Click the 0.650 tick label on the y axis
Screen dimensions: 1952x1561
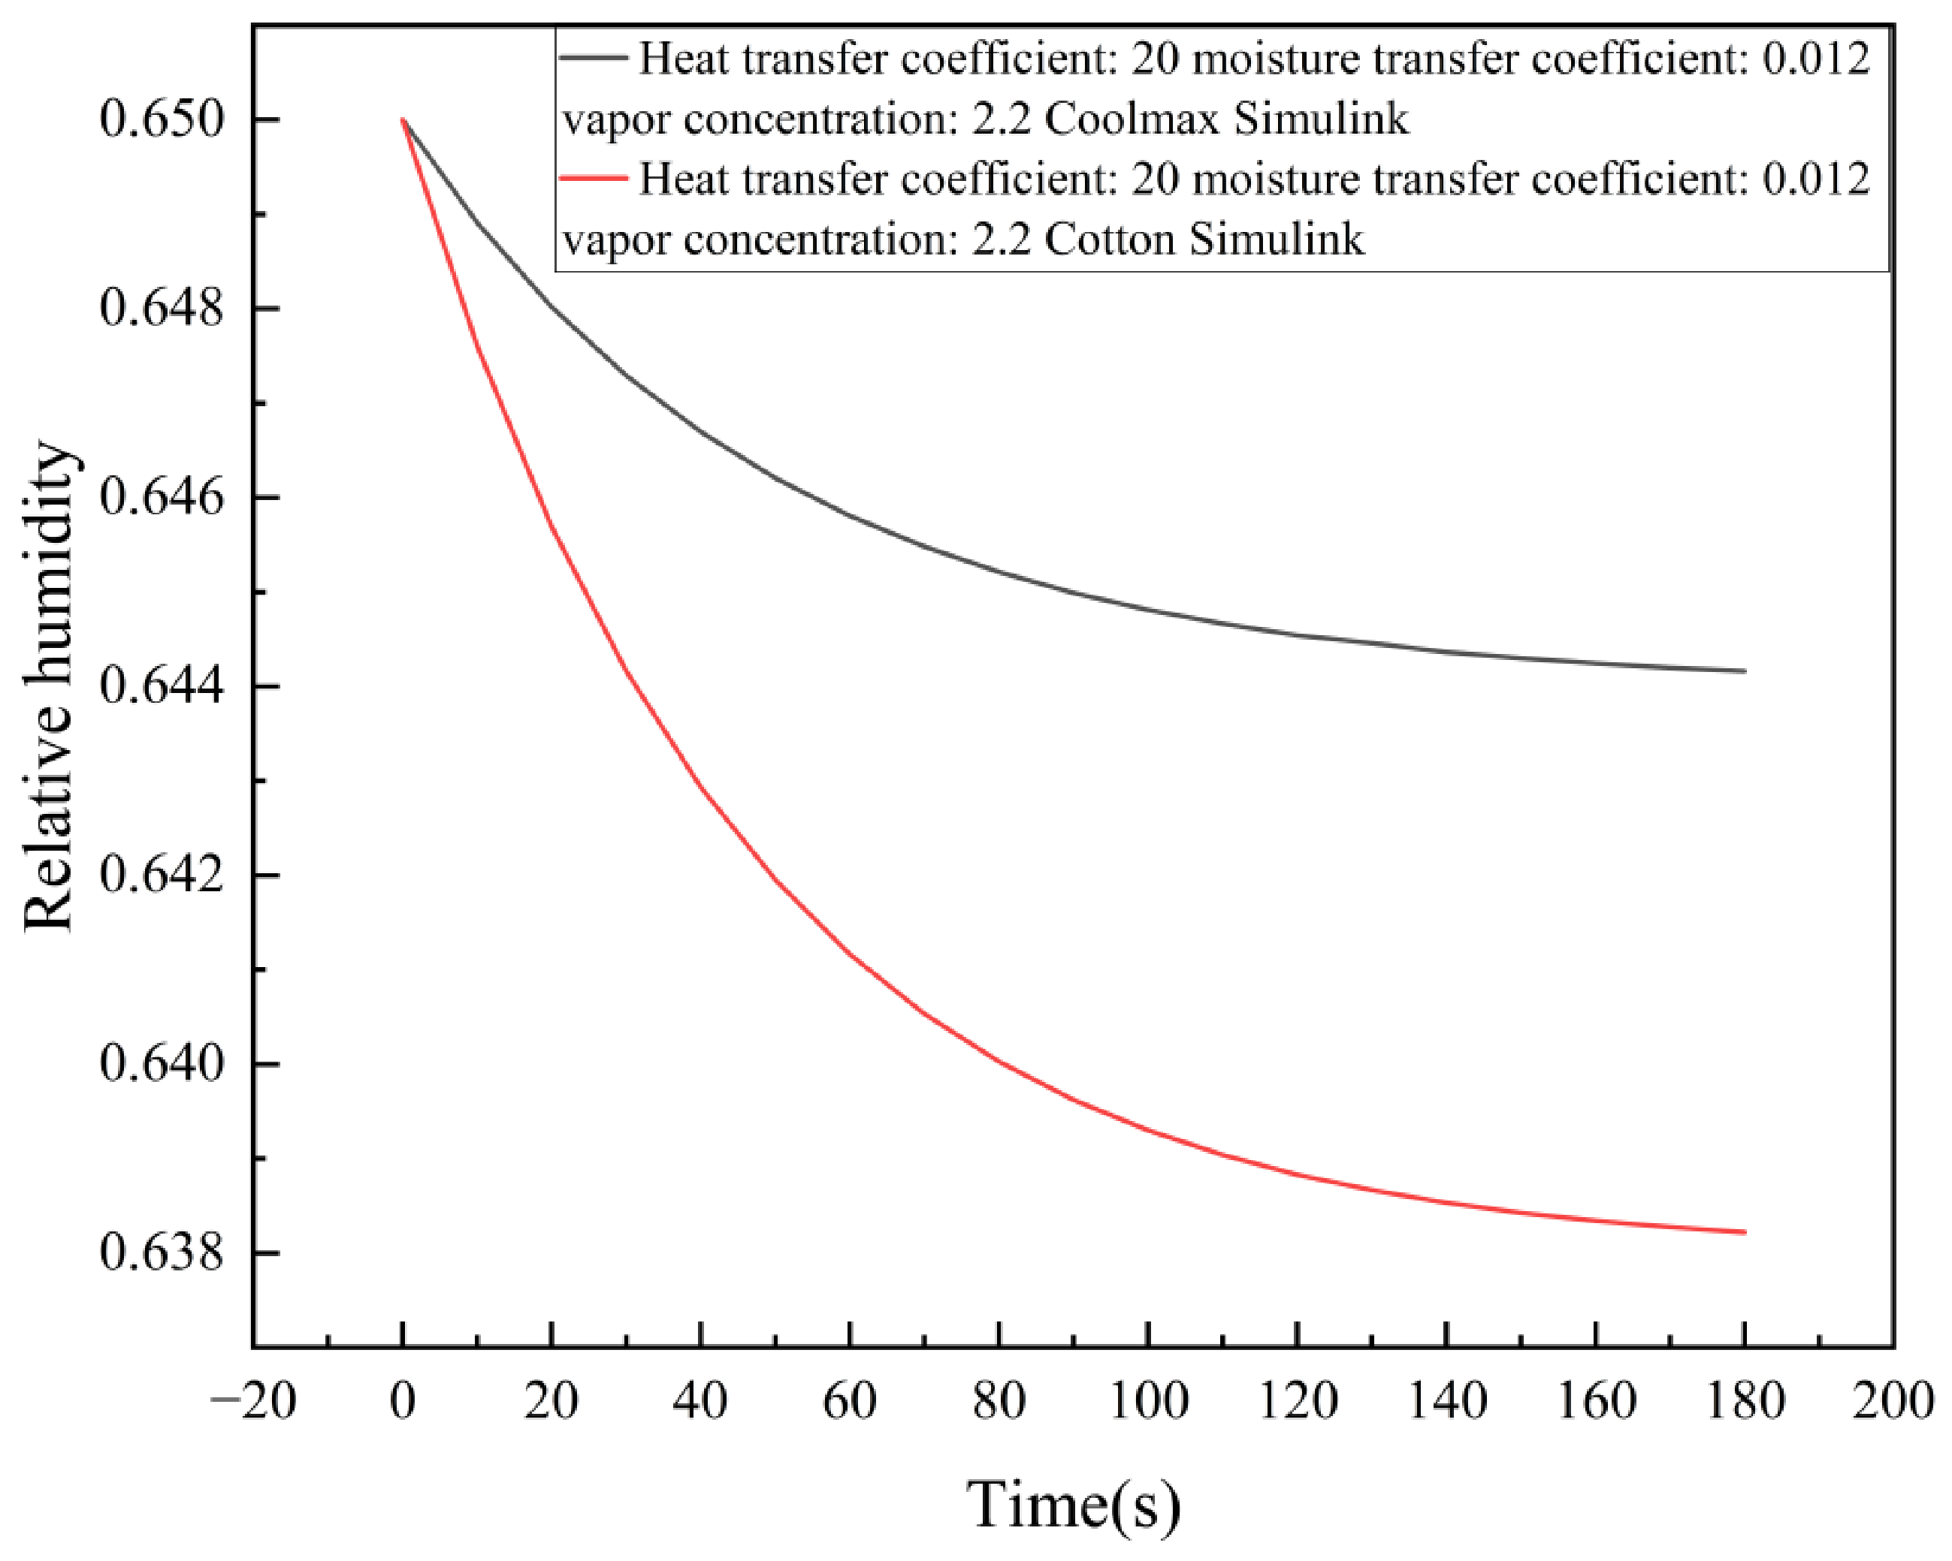coord(161,119)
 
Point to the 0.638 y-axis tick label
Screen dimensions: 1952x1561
coord(161,1253)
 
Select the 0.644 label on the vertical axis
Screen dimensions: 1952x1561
coord(161,686)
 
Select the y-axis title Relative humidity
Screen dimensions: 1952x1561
coord(47,686)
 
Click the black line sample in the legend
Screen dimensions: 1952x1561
coord(594,57)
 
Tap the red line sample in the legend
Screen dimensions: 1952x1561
coord(594,177)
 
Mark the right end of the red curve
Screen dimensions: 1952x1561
coord(1745,1231)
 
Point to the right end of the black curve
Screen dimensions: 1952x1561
coord(1745,671)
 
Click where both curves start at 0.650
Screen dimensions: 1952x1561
coord(403,119)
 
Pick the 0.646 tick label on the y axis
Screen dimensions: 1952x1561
coord(161,497)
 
